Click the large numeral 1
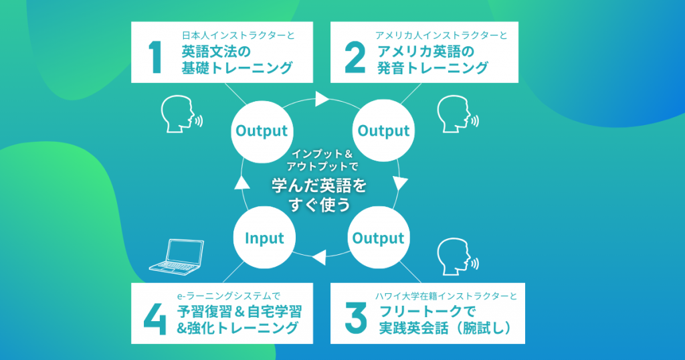(155, 58)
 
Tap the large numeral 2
(355, 58)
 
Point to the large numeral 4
(155, 319)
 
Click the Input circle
(264, 238)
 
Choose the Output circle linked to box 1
(262, 131)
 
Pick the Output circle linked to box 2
(383, 130)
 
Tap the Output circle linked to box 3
(379, 238)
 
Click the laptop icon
(177, 257)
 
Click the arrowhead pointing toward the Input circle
(319, 258)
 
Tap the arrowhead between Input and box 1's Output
(242, 182)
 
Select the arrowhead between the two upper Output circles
(322, 99)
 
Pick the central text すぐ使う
(319, 205)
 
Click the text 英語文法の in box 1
(216, 52)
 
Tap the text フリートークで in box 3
(426, 312)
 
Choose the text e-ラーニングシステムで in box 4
(229, 296)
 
